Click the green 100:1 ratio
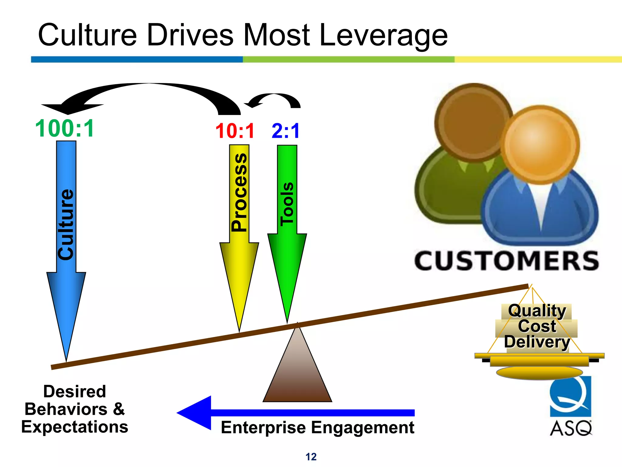(65, 129)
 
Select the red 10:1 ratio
(235, 131)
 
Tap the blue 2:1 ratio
(285, 131)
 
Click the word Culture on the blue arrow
(66, 224)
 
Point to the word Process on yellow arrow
(239, 192)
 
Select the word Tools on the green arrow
(287, 204)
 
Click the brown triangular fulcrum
(297, 371)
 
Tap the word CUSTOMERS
(507, 261)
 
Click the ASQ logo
(571, 406)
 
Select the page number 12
(311, 457)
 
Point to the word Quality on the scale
(537, 311)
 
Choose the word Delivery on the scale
(537, 342)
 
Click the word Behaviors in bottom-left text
(66, 409)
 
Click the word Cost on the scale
(537, 326)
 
